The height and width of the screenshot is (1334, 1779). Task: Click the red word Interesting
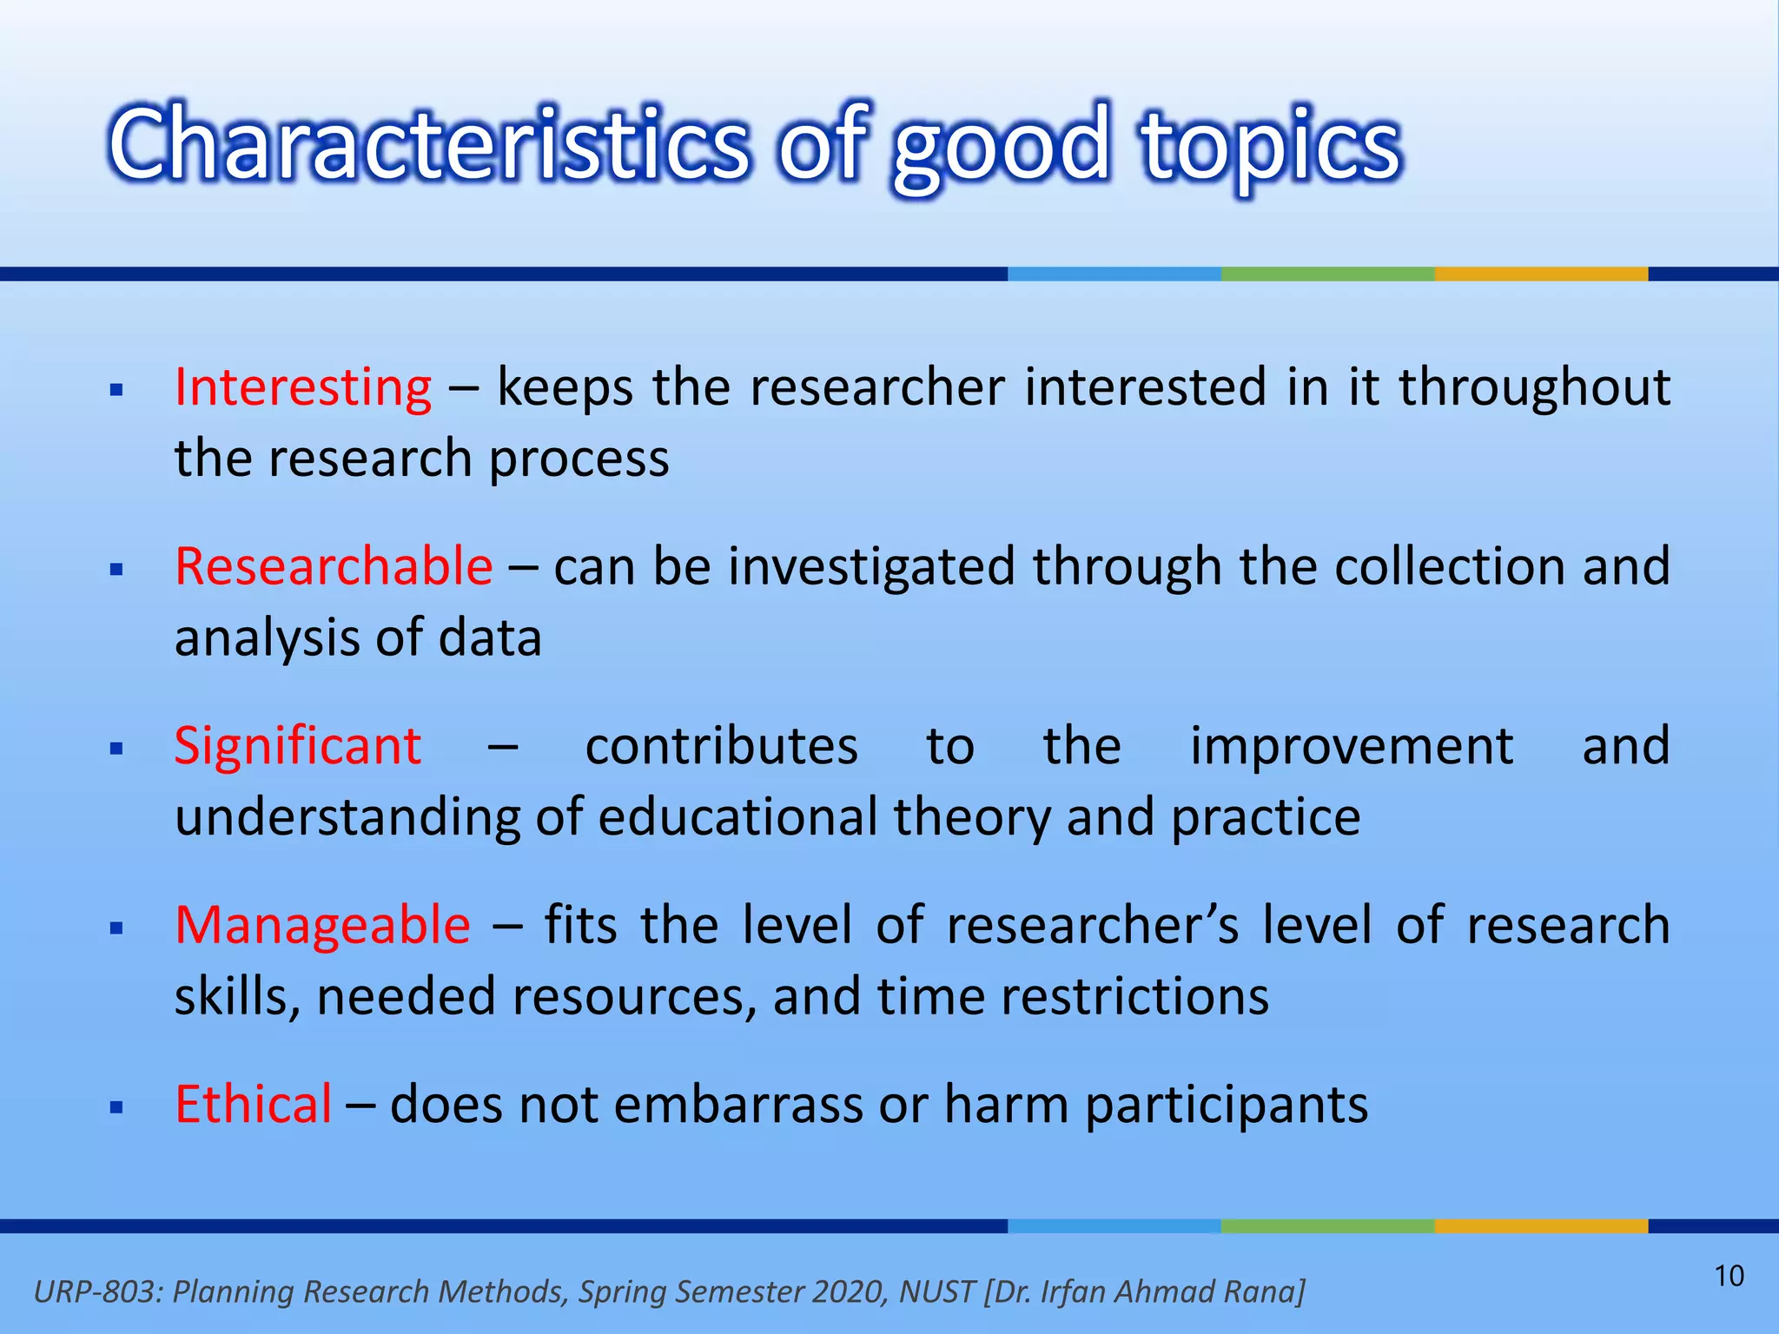302,387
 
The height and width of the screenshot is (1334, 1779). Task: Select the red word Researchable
334,567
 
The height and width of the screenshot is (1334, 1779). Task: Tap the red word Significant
297,746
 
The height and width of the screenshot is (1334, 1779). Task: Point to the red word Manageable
322,926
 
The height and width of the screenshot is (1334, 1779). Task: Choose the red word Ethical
253,1105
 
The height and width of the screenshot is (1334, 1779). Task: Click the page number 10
1729,1276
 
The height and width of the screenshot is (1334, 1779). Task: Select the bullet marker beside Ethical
117,1107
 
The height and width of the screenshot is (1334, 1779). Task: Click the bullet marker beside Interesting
117,390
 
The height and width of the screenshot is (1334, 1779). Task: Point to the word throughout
1534,387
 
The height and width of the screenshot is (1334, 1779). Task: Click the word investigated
871,567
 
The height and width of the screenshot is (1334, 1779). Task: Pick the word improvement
1351,746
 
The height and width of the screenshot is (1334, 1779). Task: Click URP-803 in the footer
96,1291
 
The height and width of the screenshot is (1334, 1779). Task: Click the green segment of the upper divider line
1327,274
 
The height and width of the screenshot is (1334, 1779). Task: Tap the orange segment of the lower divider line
1540,1226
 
